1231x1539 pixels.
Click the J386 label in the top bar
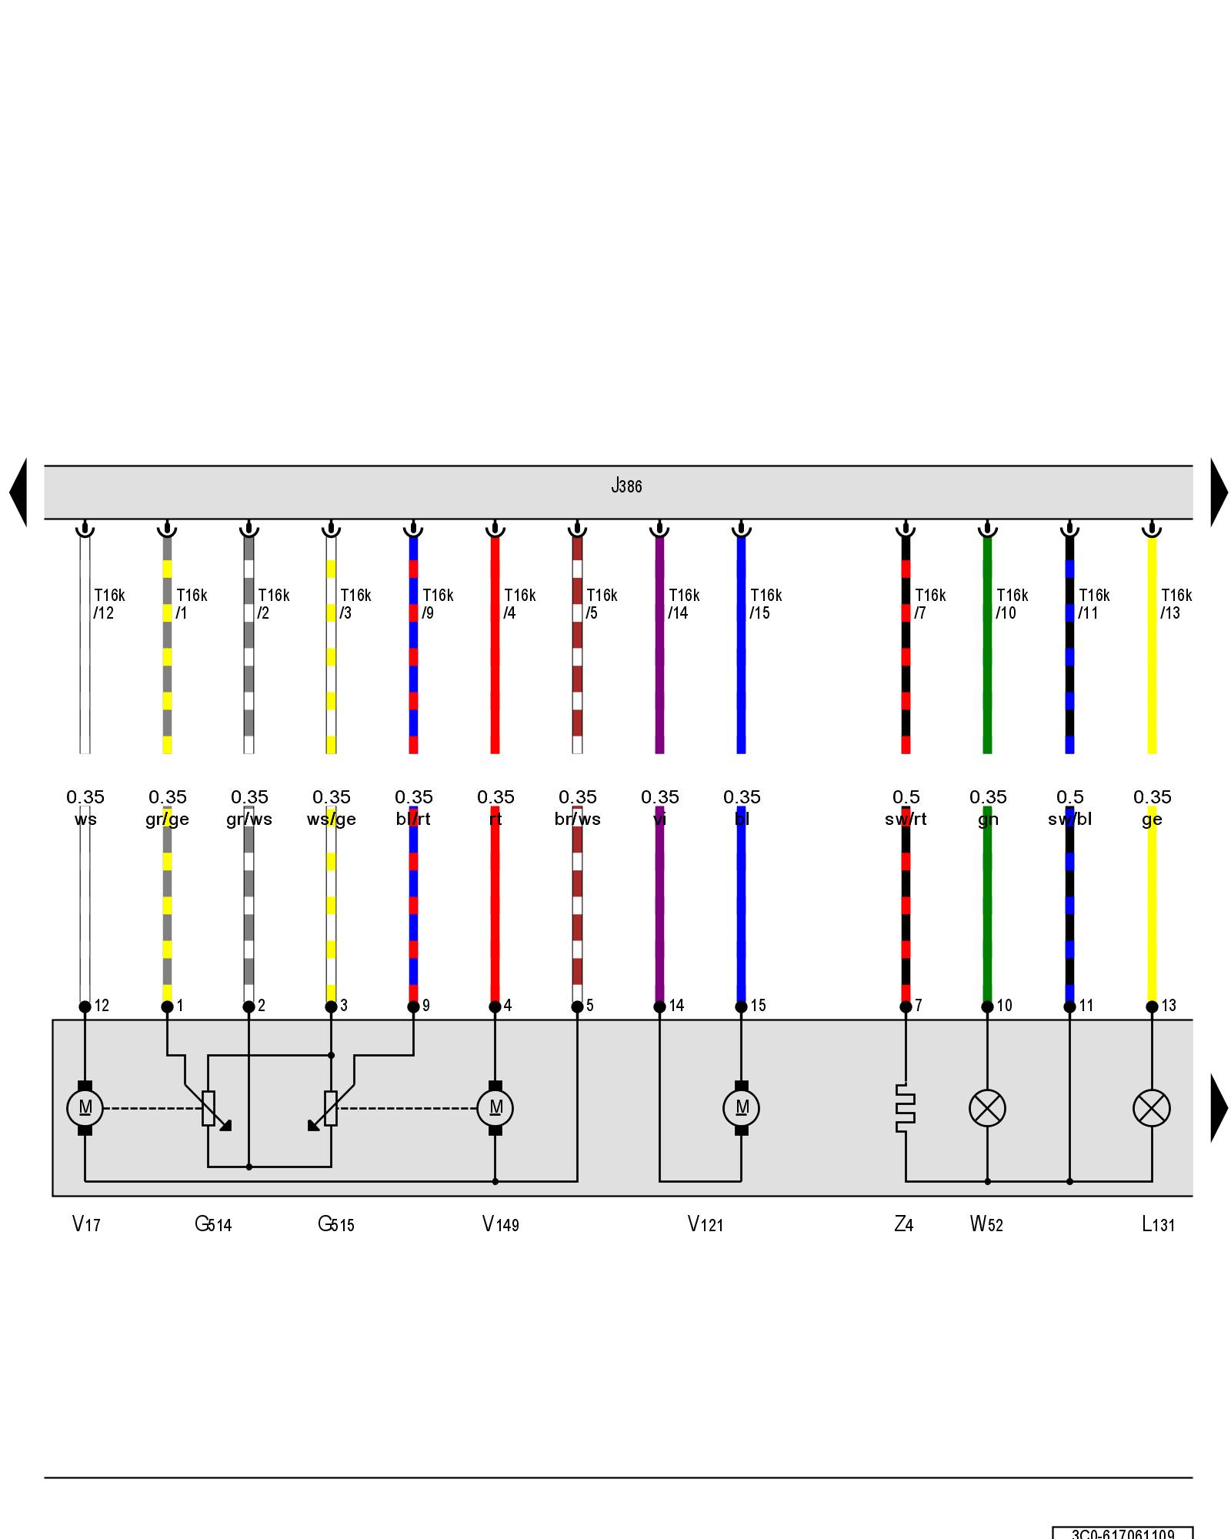pos(626,486)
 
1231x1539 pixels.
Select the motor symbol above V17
pos(85,1108)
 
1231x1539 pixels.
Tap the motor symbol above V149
pos(495,1108)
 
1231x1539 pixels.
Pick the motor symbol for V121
pos(741,1108)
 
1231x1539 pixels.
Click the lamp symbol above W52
pos(987,1108)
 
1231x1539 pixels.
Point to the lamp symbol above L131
pos(1152,1108)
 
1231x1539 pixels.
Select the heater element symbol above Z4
pos(906,1108)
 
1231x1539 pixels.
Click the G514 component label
pos(213,1224)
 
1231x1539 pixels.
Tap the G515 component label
pos(336,1224)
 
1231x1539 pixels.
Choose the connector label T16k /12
pos(108,604)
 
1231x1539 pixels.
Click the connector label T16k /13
pos(1176,604)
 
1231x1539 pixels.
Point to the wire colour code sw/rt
pos(906,820)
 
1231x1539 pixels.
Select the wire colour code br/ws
pos(577,820)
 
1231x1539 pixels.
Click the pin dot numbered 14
pos(659,1007)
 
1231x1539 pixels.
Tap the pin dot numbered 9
pos(413,1007)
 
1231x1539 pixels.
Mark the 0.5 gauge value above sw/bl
pos(1069,797)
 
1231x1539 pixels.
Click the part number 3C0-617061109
pos(1123,1533)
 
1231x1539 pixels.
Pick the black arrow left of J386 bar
pos(18,492)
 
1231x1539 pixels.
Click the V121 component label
pos(706,1224)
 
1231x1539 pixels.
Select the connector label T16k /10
pos(1012,604)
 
